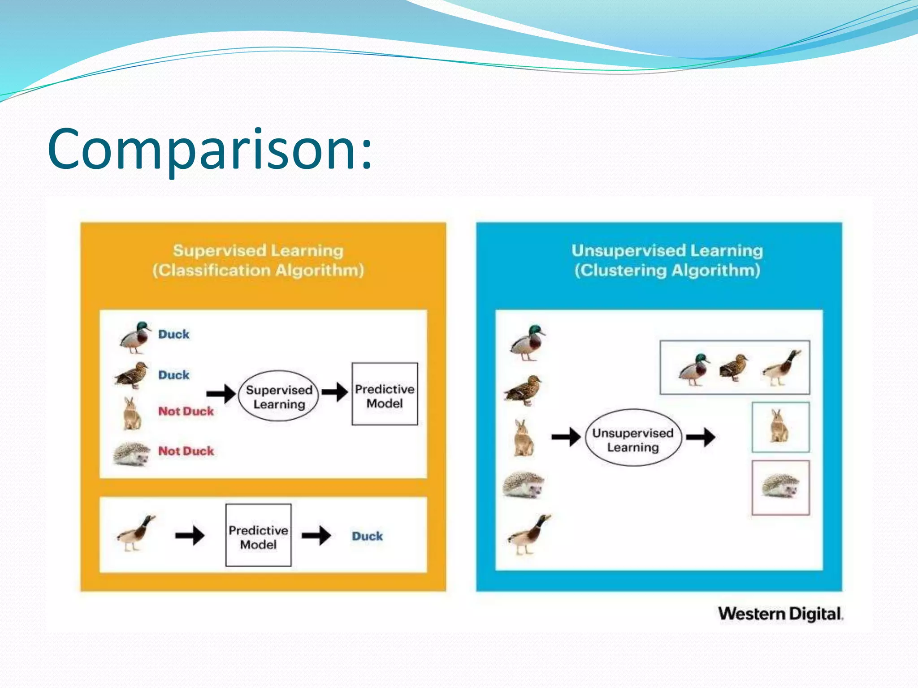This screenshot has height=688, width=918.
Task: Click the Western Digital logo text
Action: click(x=780, y=614)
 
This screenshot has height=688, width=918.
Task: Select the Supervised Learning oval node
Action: click(x=279, y=396)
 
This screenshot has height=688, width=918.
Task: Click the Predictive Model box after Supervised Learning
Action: click(x=385, y=394)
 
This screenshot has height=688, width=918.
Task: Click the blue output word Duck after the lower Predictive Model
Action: click(x=367, y=536)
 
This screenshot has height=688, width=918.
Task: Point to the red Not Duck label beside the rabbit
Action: click(x=186, y=411)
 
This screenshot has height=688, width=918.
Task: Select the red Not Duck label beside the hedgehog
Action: click(x=186, y=451)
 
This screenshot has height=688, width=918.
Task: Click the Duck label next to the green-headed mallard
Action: click(x=174, y=334)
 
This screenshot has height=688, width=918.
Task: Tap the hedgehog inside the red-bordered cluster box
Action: click(x=780, y=487)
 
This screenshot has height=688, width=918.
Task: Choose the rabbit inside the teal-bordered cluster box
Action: click(x=779, y=427)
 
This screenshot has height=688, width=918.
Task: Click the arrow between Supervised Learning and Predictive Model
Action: click(x=335, y=392)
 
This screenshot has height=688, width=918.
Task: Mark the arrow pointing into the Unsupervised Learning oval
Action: click(x=566, y=437)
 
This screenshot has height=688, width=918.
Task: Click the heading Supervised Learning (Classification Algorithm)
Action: click(x=258, y=260)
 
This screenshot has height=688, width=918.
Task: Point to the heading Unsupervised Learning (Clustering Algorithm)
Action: click(x=667, y=260)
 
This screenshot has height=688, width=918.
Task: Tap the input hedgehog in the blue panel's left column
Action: click(x=524, y=485)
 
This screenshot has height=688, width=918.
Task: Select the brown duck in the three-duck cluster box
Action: click(x=734, y=367)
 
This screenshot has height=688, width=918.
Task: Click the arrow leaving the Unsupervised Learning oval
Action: click(x=701, y=437)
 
